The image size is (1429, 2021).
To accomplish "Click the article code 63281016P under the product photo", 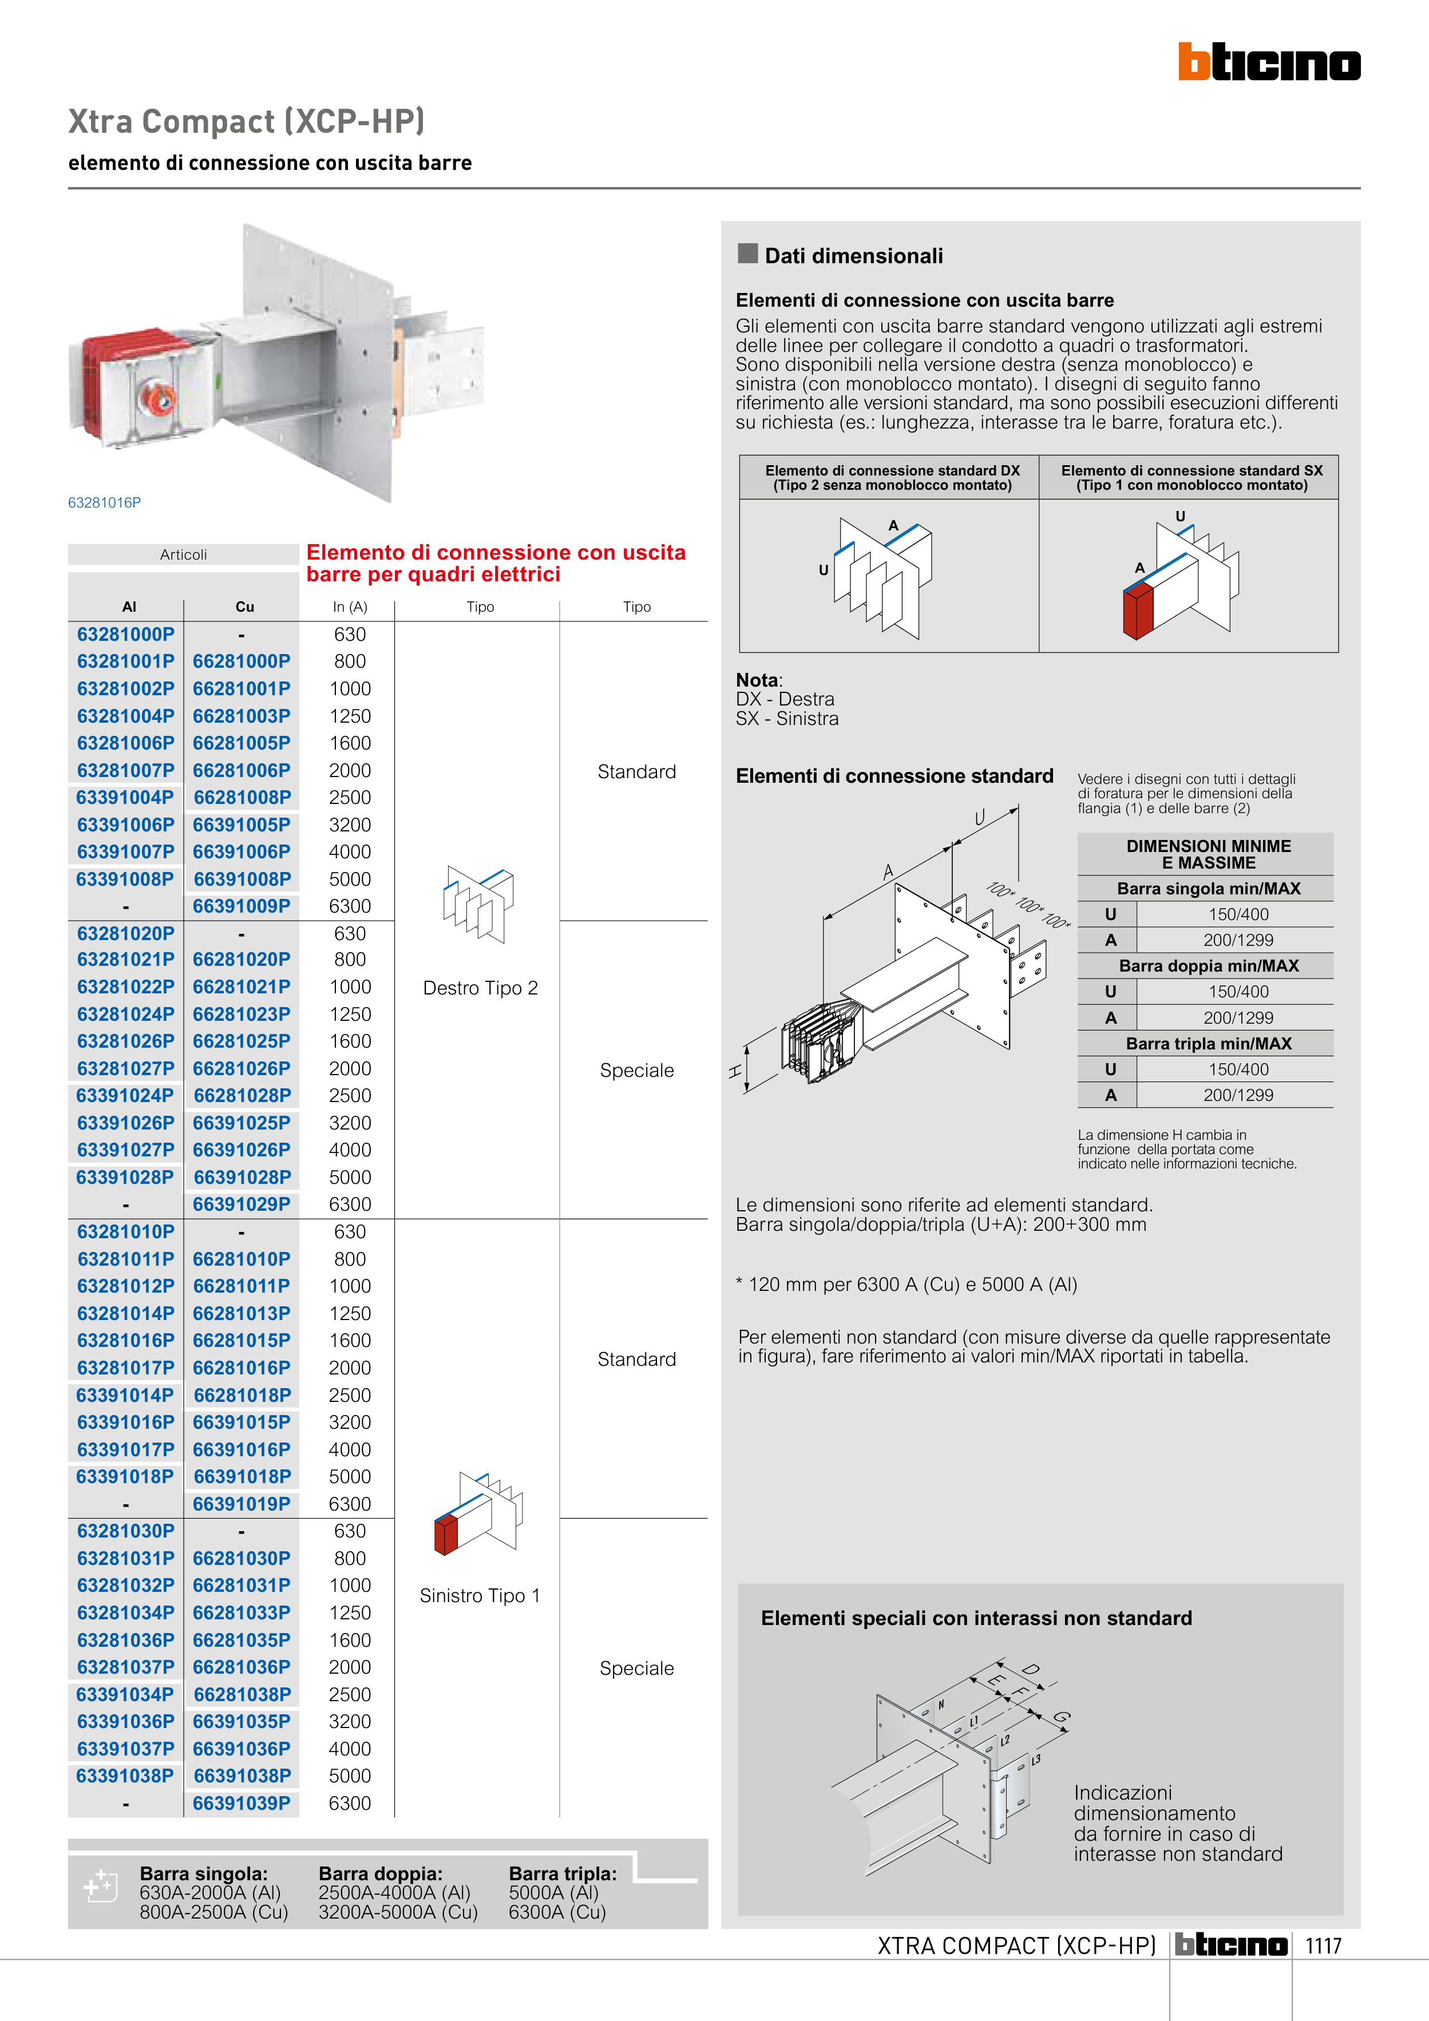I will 104,502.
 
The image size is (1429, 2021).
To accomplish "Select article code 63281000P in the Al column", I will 126,635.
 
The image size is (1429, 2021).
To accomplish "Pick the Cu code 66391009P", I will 242,906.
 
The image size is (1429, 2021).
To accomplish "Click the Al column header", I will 129,607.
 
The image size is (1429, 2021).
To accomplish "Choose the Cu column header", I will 245,607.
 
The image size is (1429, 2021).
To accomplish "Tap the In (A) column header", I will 350,607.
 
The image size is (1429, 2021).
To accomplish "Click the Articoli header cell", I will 183,554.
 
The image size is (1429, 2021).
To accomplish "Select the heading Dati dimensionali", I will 853,256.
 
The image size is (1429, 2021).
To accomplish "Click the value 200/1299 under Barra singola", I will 1238,940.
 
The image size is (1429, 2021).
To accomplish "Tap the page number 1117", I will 1323,1945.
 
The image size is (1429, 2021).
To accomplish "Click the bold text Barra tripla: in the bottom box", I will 563,1873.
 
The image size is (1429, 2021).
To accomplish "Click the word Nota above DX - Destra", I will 757,680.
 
